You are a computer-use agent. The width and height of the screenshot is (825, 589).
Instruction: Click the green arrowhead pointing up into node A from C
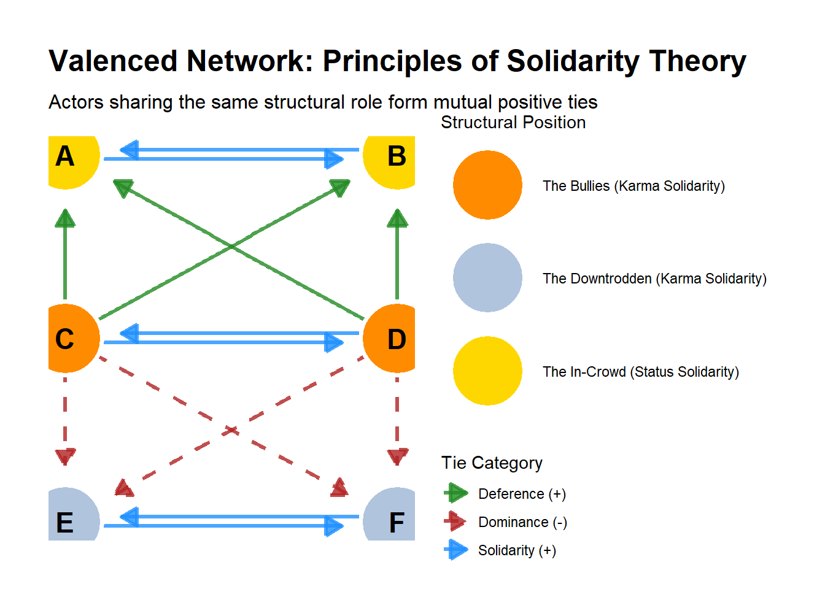(x=65, y=218)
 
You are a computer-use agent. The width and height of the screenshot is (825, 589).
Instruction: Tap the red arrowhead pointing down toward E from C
(x=65, y=456)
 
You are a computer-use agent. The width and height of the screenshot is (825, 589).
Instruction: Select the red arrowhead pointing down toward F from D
(x=397, y=456)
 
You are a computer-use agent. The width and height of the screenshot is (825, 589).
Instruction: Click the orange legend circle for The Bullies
(x=487, y=185)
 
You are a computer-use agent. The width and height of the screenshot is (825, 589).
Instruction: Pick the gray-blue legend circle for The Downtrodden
(x=487, y=277)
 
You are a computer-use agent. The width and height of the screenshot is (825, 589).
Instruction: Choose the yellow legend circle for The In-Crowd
(x=487, y=371)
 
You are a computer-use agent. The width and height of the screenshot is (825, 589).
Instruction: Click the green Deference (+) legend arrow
(x=456, y=493)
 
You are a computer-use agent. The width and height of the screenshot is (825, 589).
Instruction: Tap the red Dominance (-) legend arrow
(x=455, y=521)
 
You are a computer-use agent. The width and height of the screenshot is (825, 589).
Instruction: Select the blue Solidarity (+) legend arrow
(x=456, y=550)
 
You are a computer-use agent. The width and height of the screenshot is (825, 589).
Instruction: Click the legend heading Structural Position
(x=513, y=123)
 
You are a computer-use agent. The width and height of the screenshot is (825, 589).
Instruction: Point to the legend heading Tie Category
(x=492, y=463)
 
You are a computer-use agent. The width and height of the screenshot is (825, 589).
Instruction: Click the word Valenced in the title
(x=113, y=61)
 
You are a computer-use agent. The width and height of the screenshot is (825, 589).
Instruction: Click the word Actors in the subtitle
(x=76, y=102)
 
